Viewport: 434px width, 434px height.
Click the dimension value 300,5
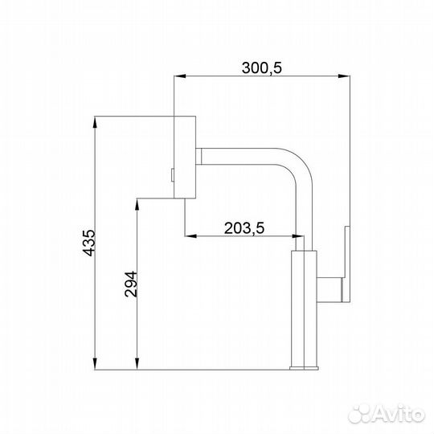[262, 68]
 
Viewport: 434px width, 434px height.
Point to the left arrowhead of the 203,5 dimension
[190, 236]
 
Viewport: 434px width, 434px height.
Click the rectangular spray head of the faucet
[186, 157]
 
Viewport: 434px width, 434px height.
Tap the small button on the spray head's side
[172, 173]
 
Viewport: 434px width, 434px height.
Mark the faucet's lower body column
[304, 309]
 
